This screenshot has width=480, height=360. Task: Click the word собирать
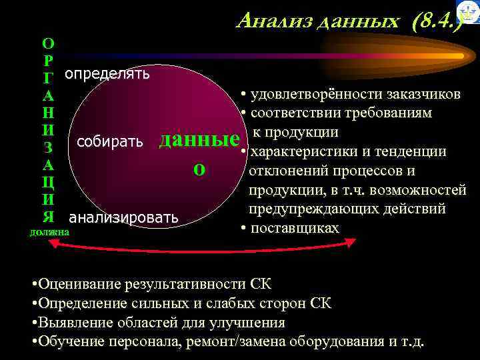pos(111,141)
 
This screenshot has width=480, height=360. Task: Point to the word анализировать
pos(123,217)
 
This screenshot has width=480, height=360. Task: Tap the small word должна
pos(49,232)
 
